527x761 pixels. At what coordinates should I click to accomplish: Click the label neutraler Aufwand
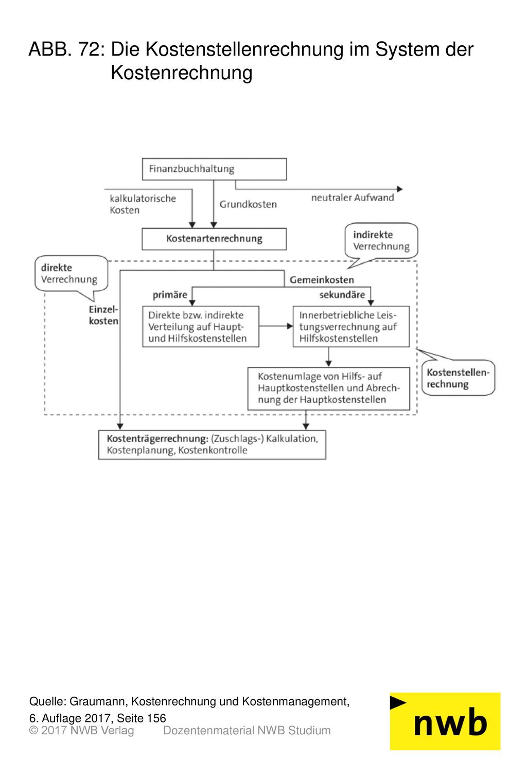(x=353, y=198)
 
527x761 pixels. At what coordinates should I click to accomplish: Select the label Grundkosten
(x=248, y=204)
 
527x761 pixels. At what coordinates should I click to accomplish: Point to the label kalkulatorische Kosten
(x=143, y=204)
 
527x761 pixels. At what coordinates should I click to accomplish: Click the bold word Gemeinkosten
(x=322, y=279)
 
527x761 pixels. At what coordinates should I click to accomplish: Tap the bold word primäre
(x=170, y=295)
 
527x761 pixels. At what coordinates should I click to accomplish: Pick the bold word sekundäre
(x=342, y=294)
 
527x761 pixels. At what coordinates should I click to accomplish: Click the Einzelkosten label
(x=103, y=315)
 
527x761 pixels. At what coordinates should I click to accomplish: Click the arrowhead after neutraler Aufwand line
(x=399, y=189)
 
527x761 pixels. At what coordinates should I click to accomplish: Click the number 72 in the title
(x=90, y=49)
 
